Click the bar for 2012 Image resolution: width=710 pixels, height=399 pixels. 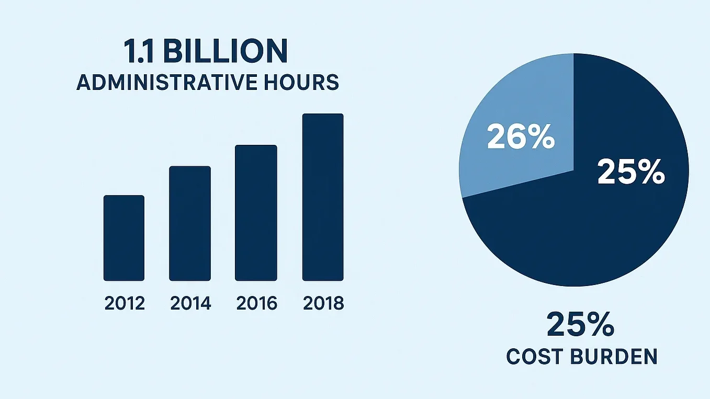[x=123, y=238]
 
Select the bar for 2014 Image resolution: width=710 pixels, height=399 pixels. [x=190, y=223]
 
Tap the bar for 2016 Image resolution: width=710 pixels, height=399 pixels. [x=256, y=213]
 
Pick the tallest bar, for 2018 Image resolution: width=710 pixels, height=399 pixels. [x=323, y=197]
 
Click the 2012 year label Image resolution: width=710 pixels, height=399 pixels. [x=125, y=303]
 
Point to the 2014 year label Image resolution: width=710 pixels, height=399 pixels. [x=190, y=303]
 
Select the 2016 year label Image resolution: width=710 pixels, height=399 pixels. [x=256, y=303]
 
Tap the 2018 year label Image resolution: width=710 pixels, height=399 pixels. [x=323, y=303]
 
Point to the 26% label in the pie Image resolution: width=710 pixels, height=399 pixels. [x=521, y=137]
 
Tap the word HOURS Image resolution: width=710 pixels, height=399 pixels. [x=303, y=83]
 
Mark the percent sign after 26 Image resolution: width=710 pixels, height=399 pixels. [x=540, y=137]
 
